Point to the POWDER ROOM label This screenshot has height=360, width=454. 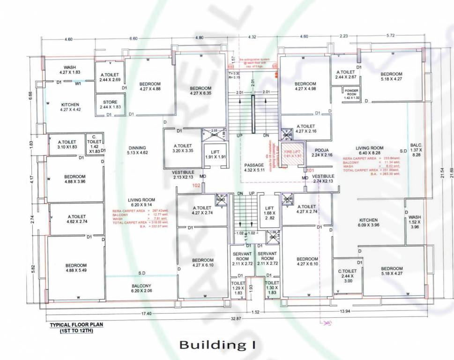pos(351,93)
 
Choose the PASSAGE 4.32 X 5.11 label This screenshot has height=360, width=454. pos(255,168)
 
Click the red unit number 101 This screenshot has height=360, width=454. pos(310,170)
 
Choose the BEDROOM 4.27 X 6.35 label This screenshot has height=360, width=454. pos(200,90)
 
